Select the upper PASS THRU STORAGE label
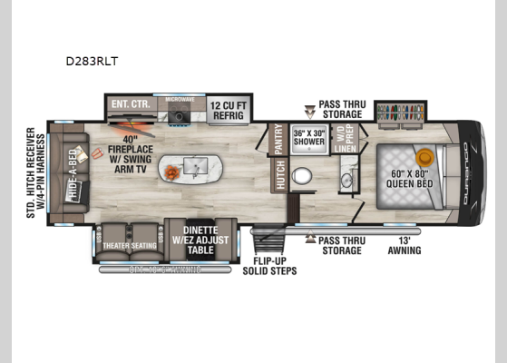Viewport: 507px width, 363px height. pyautogui.click(x=341, y=109)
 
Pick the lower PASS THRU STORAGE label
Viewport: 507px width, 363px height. pyautogui.click(x=340, y=245)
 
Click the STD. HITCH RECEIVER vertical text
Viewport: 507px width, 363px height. pyautogui.click(x=31, y=172)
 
